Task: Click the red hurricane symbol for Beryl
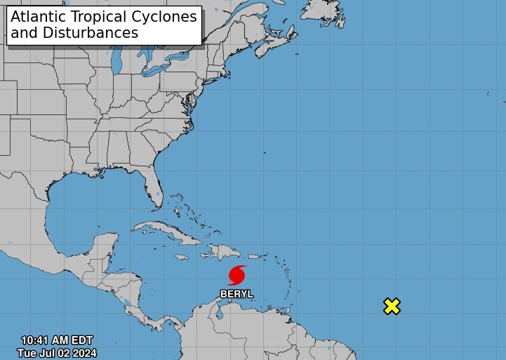pos(237,274)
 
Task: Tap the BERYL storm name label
pos(237,294)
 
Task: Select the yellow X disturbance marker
pos(392,306)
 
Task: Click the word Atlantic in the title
pos(40,17)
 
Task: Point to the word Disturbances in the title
pos(99,33)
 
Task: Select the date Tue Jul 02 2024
pos(58,353)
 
